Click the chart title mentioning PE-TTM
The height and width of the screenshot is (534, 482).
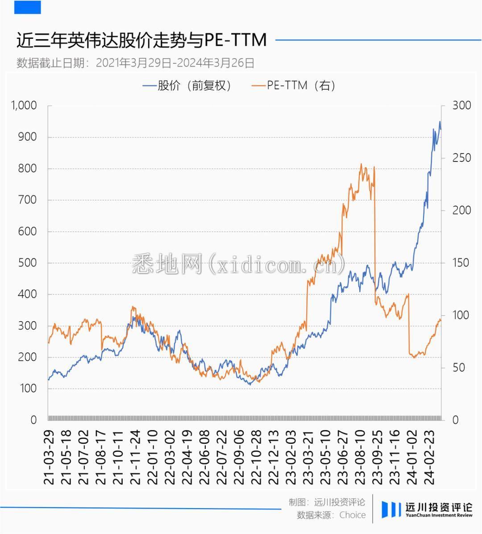tap(141, 40)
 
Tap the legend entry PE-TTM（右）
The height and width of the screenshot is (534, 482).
tap(293, 85)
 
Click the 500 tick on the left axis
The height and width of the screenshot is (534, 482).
tap(28, 263)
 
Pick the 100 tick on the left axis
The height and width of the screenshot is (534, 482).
tap(28, 389)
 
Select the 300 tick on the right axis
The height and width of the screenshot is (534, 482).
tap(461, 106)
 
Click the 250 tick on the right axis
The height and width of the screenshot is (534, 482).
tap(461, 158)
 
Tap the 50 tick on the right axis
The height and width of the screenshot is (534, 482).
tap(458, 368)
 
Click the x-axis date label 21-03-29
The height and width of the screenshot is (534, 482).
tap(49, 458)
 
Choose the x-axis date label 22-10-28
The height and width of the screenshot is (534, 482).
tap(256, 458)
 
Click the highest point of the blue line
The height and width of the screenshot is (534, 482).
tap(440, 121)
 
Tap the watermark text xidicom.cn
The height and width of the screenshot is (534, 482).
tap(239, 265)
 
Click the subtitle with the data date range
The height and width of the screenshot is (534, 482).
tap(135, 63)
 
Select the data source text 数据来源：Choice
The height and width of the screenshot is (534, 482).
tap(331, 515)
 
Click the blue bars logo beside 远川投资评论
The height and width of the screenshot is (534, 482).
tap(391, 509)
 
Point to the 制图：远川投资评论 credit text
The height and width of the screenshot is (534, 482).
tap(326, 502)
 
